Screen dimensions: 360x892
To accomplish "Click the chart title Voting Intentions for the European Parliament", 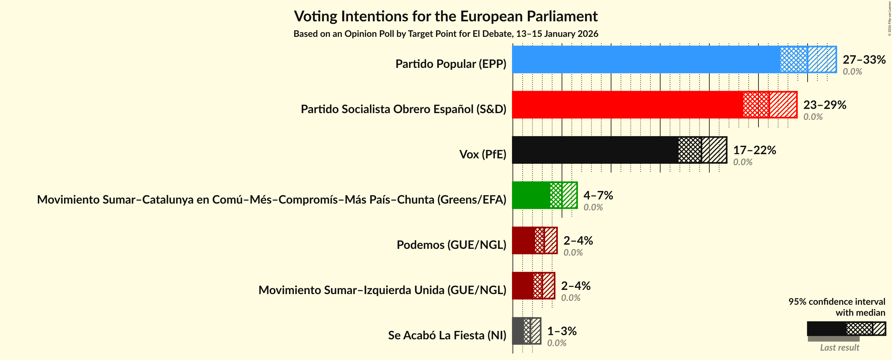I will [446, 16].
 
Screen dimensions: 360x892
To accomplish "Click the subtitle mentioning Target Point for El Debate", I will [446, 34].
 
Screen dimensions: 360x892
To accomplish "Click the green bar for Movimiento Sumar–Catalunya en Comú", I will [531, 195].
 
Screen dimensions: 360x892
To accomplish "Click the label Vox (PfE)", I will [482, 154].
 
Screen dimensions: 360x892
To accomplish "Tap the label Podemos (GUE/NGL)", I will [451, 245].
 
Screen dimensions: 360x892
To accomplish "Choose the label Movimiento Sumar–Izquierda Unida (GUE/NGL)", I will [382, 290].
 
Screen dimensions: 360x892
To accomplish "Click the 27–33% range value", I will [864, 59].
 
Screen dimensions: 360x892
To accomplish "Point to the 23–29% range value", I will [824, 104].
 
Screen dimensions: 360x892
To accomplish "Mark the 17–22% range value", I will [754, 150].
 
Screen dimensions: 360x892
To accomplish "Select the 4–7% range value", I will [598, 195].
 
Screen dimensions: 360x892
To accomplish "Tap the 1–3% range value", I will [562, 331].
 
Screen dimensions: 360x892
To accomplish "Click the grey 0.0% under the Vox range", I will [742, 162].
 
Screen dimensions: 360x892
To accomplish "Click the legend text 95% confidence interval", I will [836, 302].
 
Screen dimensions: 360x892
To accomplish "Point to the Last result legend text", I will [839, 347].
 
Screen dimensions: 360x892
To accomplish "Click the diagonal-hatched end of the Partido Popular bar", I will [822, 59].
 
